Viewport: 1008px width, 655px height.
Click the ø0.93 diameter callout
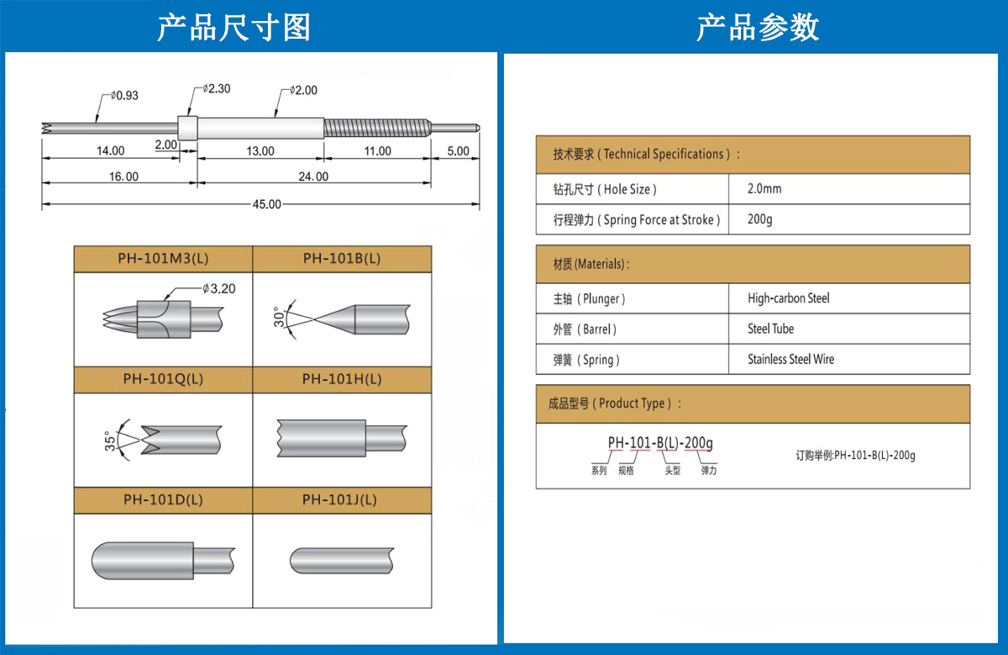click(x=123, y=96)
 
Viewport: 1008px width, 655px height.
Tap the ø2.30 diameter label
click(x=216, y=88)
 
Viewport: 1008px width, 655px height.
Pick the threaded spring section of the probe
click(x=376, y=128)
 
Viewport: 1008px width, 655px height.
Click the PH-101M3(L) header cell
click(x=163, y=259)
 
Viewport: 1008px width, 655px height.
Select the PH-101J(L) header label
click(x=341, y=499)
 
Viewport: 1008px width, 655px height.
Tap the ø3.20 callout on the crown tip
click(x=218, y=288)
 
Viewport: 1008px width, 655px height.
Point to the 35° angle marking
click(x=110, y=441)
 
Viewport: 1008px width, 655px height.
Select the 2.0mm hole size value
click(x=764, y=189)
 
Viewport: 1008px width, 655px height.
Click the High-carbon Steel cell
click(x=788, y=298)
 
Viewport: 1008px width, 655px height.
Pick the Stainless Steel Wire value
click(x=790, y=359)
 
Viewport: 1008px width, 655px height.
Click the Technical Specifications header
click(x=647, y=154)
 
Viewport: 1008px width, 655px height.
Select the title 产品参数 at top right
click(x=757, y=28)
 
